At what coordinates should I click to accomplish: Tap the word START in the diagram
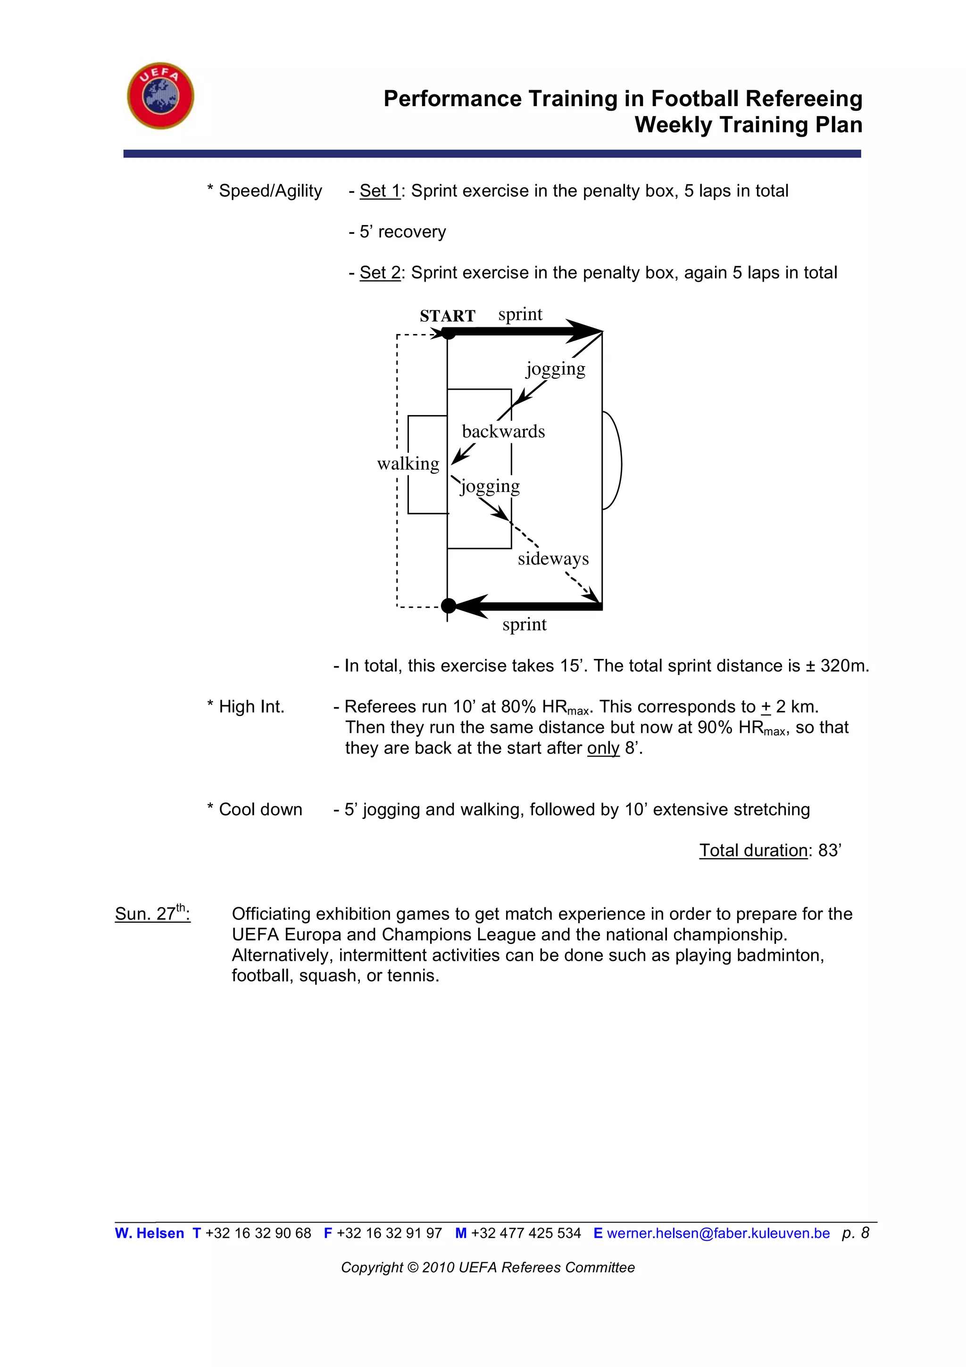tap(447, 316)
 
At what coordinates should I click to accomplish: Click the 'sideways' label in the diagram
tap(553, 558)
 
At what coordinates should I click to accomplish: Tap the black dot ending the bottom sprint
tap(448, 606)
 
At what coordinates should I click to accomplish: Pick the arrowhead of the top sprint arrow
tap(586, 331)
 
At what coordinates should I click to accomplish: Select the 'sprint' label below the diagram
tap(524, 624)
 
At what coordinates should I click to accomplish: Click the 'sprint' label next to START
tap(520, 314)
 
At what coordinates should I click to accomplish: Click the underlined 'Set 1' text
tap(380, 191)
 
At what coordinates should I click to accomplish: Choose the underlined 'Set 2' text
tap(380, 273)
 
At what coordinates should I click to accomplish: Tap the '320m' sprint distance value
tap(844, 666)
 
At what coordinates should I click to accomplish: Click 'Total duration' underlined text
tap(753, 850)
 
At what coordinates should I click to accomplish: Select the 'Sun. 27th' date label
tap(152, 913)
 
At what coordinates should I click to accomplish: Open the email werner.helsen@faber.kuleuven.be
tap(718, 1233)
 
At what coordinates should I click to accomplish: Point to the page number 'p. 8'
tap(855, 1233)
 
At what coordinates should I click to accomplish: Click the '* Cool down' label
tap(255, 810)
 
